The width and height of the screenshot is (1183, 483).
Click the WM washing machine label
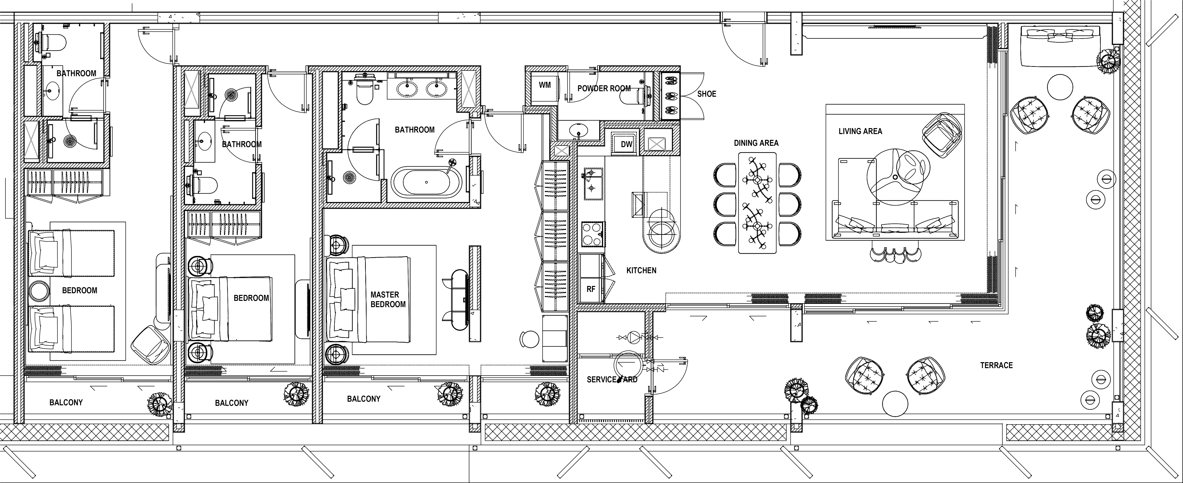tap(545, 85)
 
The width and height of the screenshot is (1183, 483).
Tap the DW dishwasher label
tap(626, 144)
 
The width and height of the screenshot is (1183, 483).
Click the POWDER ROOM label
tap(604, 88)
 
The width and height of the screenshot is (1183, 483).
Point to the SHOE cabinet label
tap(706, 94)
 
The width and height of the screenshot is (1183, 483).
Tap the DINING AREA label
tap(756, 143)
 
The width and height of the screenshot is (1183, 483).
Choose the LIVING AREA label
tap(860, 131)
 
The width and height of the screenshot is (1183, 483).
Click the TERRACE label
tap(996, 365)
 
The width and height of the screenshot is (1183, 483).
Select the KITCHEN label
tap(641, 270)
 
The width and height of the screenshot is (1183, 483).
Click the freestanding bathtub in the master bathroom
tap(427, 182)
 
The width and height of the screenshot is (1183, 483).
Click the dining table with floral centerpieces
tap(757, 202)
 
